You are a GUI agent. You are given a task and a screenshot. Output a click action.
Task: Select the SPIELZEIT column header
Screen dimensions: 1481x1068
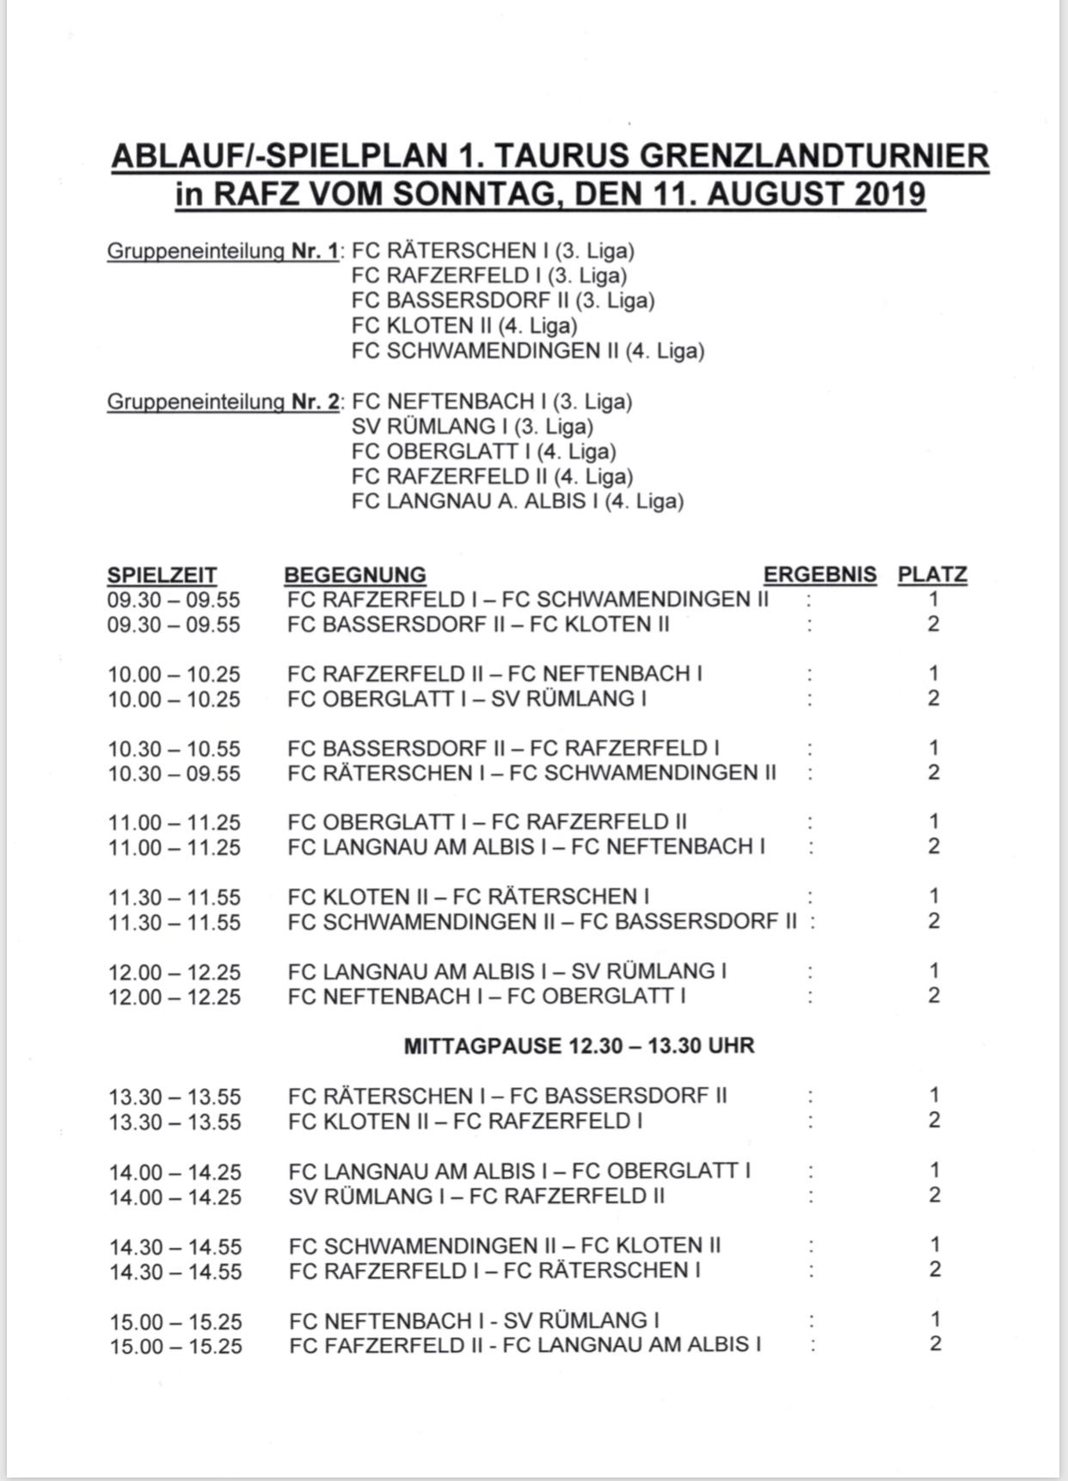coord(162,575)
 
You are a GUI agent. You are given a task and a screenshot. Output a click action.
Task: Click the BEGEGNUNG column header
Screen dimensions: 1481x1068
coord(355,575)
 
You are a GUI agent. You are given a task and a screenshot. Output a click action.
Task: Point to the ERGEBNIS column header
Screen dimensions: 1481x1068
coord(819,575)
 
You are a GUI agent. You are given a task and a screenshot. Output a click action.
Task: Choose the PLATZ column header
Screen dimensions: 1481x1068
coord(932,575)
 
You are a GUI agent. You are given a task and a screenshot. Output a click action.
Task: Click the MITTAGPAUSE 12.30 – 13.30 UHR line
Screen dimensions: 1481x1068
coord(579,1046)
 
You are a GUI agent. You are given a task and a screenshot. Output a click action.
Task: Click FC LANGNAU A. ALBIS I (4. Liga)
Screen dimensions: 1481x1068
coord(517,501)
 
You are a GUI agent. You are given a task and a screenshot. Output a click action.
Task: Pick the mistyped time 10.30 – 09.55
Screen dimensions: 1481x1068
coord(174,773)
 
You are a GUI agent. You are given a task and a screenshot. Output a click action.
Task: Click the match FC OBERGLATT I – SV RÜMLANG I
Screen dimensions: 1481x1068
coord(467,698)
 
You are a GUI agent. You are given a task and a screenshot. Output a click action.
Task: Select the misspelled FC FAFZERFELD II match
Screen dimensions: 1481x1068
coord(525,1345)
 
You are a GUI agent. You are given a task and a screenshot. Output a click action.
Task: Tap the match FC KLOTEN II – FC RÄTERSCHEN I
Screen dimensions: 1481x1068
coord(468,897)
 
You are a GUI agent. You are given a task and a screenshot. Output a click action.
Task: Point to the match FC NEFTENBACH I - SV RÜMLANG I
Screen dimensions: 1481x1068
coord(474,1320)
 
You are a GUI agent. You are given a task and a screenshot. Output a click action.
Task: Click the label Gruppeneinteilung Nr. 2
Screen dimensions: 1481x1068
coord(224,402)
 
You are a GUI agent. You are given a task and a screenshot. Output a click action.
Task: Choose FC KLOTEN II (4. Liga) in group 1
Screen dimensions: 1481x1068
coord(464,326)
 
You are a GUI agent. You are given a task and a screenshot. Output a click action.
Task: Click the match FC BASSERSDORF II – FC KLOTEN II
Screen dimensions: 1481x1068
coord(478,624)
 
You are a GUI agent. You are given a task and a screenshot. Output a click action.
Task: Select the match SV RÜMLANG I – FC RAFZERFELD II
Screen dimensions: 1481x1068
coord(476,1196)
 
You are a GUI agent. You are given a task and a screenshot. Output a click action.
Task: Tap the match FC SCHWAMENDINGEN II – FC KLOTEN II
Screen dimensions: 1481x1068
coord(505,1245)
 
